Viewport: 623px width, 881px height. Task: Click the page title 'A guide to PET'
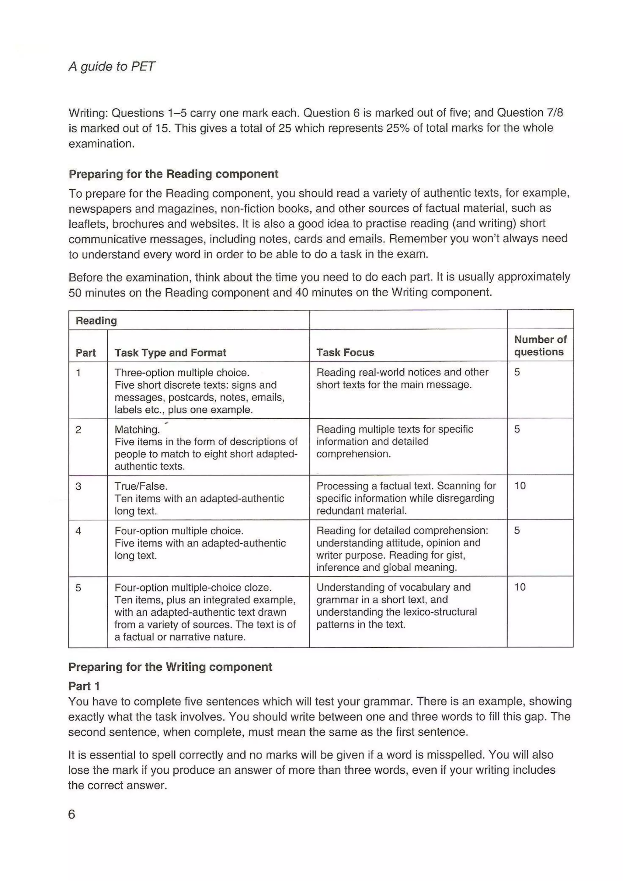112,66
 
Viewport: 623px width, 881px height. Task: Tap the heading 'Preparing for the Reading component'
173,174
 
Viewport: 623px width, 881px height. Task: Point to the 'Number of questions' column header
540,345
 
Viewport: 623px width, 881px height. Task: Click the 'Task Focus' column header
345,352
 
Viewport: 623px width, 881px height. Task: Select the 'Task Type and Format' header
170,352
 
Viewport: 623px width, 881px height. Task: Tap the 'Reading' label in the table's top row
96,320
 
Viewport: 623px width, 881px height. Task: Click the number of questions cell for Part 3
520,486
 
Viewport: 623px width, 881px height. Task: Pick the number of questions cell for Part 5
520,587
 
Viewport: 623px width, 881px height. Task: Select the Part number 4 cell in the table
78,531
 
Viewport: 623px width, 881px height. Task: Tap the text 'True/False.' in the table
141,486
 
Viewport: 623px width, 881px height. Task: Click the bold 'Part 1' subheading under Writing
84,686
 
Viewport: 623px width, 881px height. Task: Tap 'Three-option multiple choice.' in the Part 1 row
182,373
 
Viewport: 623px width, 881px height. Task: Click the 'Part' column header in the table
85,353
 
